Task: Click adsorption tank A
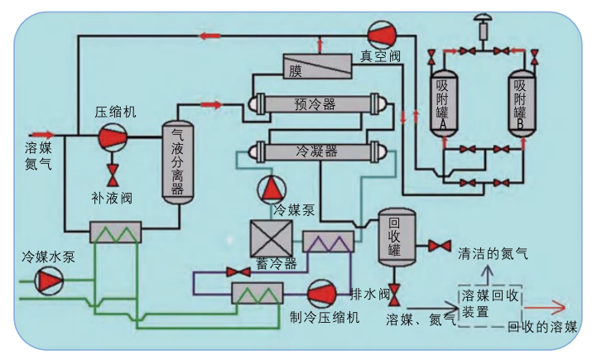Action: click(x=443, y=104)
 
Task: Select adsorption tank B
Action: click(x=519, y=103)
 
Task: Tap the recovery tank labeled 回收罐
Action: click(x=395, y=237)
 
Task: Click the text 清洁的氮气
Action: click(x=492, y=254)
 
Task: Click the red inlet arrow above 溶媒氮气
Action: click(x=42, y=133)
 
